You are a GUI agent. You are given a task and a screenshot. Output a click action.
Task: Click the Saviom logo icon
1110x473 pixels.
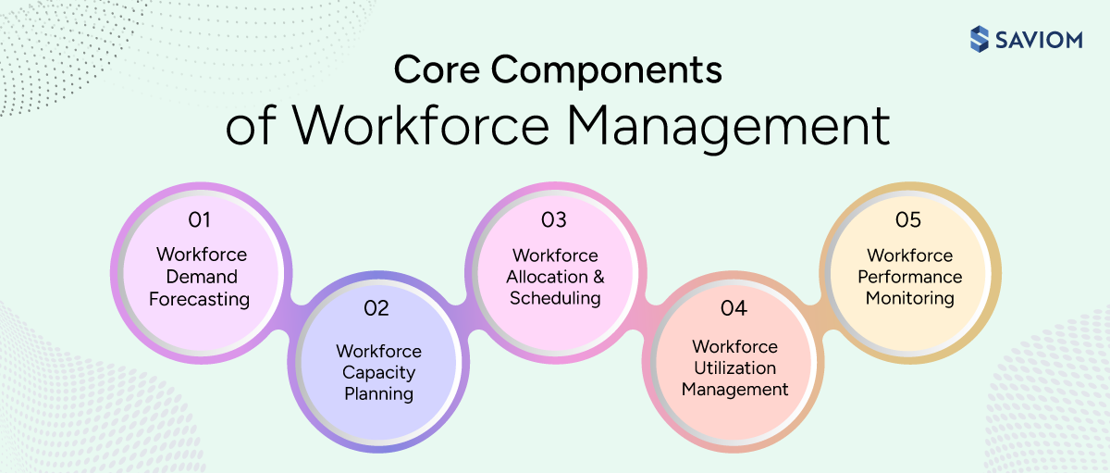point(980,39)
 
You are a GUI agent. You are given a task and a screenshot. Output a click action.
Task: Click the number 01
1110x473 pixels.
point(199,220)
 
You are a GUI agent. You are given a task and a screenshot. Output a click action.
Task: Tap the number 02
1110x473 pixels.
point(376,309)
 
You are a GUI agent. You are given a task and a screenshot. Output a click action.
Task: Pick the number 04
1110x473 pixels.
point(734,308)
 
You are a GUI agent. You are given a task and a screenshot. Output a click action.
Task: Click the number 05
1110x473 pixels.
point(908,220)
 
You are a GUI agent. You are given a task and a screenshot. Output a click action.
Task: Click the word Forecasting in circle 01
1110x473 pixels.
point(200,299)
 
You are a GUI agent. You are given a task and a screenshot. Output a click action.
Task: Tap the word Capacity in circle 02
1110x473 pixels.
point(378,372)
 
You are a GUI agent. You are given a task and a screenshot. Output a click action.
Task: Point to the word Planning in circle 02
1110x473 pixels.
point(378,393)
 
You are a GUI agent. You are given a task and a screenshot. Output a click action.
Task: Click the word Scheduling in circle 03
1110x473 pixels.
point(555,299)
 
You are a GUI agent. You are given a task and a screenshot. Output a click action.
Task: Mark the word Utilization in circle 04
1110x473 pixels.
point(734,367)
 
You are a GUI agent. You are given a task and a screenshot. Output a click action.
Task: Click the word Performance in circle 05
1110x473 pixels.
point(910,277)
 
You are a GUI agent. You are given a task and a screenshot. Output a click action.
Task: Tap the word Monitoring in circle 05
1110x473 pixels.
point(910,298)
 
